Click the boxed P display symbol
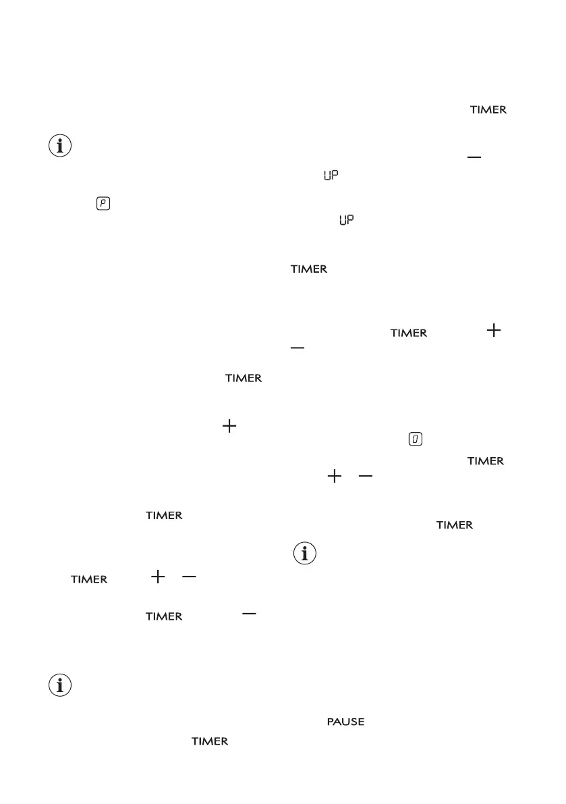coord(103,203)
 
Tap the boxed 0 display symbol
coord(415,439)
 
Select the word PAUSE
coord(345,722)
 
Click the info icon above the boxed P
coord(61,146)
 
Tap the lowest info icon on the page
coord(61,685)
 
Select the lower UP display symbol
coord(347,220)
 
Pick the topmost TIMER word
coord(488,110)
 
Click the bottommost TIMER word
coord(210,741)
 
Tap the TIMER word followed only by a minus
coord(165,616)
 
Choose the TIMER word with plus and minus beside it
coord(89,579)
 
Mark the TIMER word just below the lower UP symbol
coord(309,269)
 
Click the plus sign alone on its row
coord(229,426)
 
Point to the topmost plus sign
coord(494,330)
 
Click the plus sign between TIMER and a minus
coord(158,577)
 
